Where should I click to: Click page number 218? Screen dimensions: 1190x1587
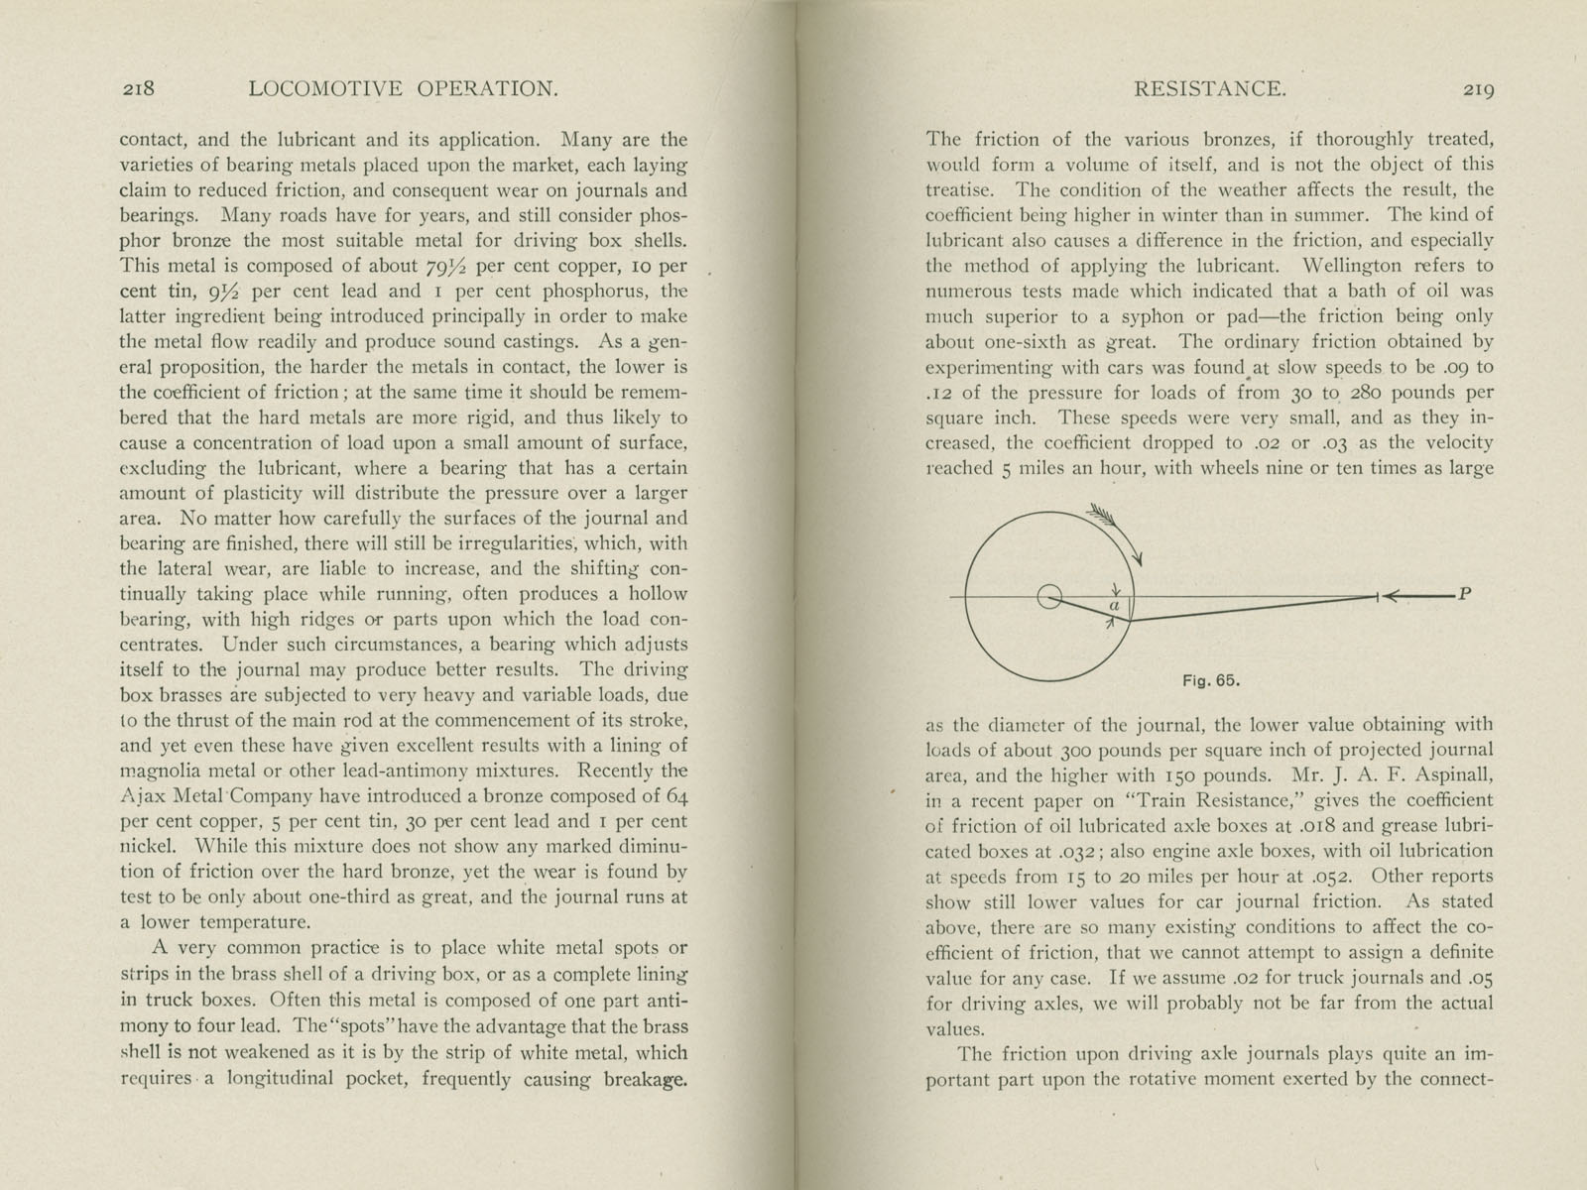pyautogui.click(x=139, y=89)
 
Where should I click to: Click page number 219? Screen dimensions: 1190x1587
pyautogui.click(x=1477, y=89)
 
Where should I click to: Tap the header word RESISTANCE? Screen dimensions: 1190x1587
pyautogui.click(x=1209, y=89)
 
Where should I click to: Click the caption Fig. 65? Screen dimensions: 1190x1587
pyautogui.click(x=1212, y=681)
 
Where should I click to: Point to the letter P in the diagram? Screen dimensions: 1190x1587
pyautogui.click(x=1465, y=595)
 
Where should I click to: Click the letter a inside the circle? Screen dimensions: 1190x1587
pyautogui.click(x=1114, y=605)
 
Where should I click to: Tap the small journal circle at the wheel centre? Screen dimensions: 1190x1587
pyautogui.click(x=1048, y=597)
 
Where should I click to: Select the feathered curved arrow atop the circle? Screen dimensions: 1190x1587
pyautogui.click(x=1116, y=533)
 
